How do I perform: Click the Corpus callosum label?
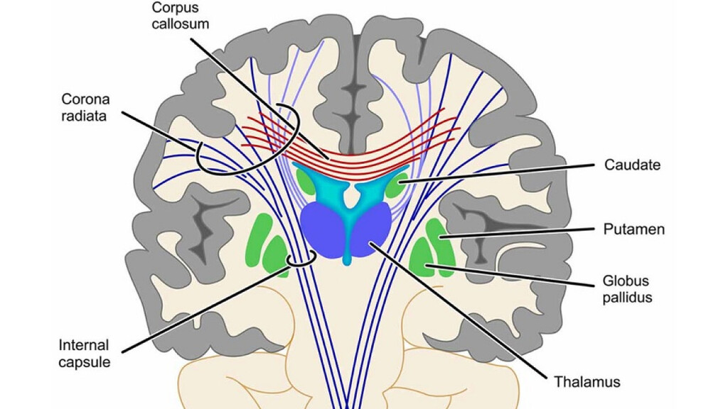[x=180, y=16]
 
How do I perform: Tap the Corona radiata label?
[x=85, y=107]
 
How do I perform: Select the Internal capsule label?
[x=84, y=354]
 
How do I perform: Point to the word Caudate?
[x=632, y=165]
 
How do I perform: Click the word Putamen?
[x=633, y=229]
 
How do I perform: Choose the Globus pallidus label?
[x=627, y=289]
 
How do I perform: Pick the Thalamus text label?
[x=587, y=382]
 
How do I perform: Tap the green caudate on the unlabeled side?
[x=306, y=180]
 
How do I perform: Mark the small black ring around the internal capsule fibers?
[x=301, y=260]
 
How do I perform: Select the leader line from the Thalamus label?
[x=458, y=308]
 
